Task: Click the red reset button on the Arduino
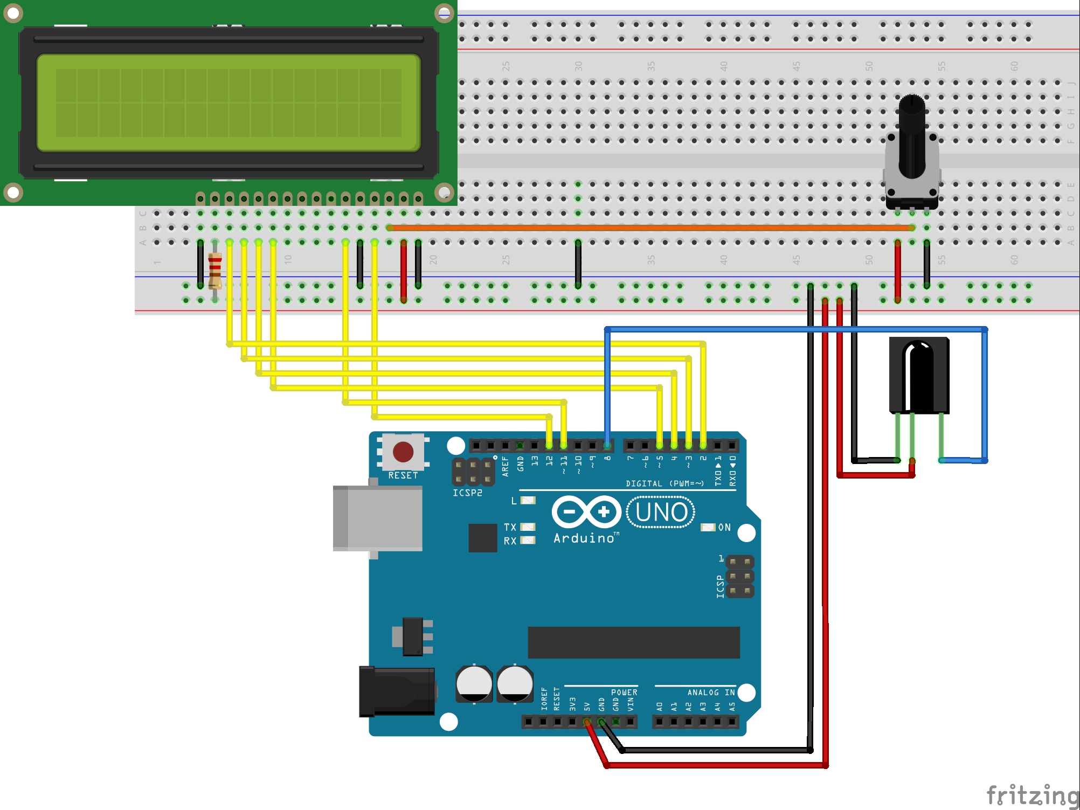pyautogui.click(x=403, y=452)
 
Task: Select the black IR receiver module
pyautogui.click(x=919, y=375)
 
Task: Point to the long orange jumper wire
pyautogui.click(x=647, y=228)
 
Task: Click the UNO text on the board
pyautogui.click(x=661, y=513)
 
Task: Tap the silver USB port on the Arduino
pyautogui.click(x=377, y=518)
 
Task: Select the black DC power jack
pyautogui.click(x=398, y=691)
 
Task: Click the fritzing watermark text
pyautogui.click(x=1032, y=795)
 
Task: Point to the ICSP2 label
pyautogui.click(x=467, y=493)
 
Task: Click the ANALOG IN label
pyautogui.click(x=711, y=693)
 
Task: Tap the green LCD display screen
pyautogui.click(x=228, y=102)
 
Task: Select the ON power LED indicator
pyautogui.click(x=708, y=527)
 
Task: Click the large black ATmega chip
pyautogui.click(x=633, y=642)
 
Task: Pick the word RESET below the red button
pyautogui.click(x=403, y=475)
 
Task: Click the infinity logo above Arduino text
pyautogui.click(x=586, y=511)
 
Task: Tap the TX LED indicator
pyautogui.click(x=528, y=527)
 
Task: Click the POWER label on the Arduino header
pyautogui.click(x=624, y=693)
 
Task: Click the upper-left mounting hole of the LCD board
pyautogui.click(x=13, y=13)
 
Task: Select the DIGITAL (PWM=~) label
pyautogui.click(x=664, y=483)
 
